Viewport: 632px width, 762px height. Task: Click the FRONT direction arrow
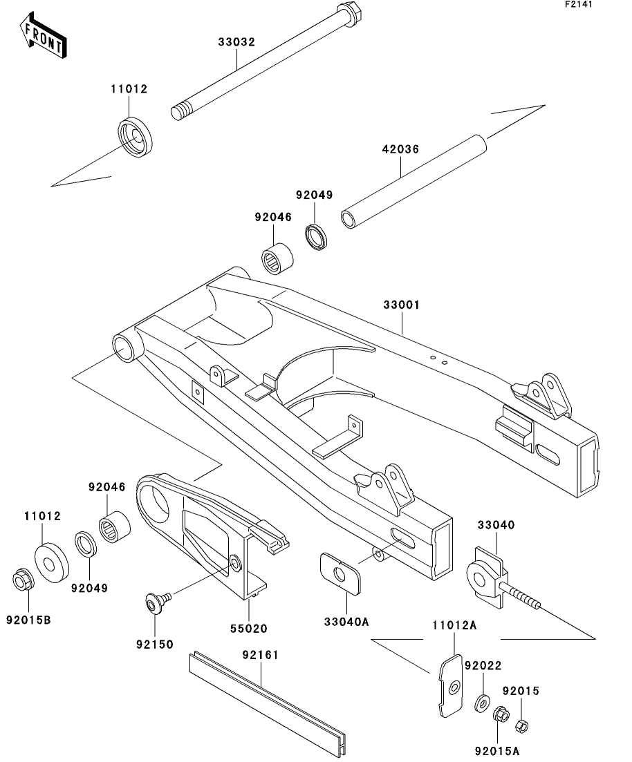[x=44, y=37]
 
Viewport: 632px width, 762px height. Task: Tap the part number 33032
[x=237, y=42]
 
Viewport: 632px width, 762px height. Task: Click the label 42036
[x=400, y=149]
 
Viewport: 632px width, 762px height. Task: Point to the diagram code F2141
[x=578, y=5]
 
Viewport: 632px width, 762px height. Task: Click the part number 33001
[x=402, y=304]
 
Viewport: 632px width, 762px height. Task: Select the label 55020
[x=248, y=629]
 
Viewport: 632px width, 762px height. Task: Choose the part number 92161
[x=259, y=654]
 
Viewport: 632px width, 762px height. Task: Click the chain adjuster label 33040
[x=495, y=525]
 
